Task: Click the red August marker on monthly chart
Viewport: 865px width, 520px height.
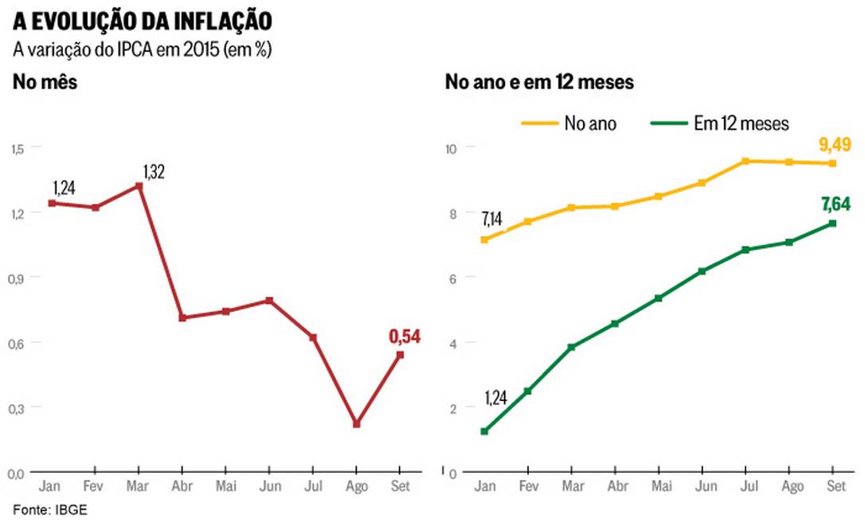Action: point(356,424)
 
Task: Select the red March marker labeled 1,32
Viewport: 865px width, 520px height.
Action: point(139,186)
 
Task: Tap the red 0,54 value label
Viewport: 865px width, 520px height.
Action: point(404,337)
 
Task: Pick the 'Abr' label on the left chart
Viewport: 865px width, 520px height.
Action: point(182,486)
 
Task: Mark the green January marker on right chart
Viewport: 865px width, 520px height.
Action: point(484,431)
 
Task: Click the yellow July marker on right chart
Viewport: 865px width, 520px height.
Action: point(746,161)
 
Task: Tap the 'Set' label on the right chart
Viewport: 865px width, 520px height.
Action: point(833,486)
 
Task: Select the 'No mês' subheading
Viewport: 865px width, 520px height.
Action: point(45,81)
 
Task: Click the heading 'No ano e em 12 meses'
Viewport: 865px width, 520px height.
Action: point(539,81)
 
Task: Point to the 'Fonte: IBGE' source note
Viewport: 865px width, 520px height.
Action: point(49,509)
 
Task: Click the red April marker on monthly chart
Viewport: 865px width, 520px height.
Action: point(182,317)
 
